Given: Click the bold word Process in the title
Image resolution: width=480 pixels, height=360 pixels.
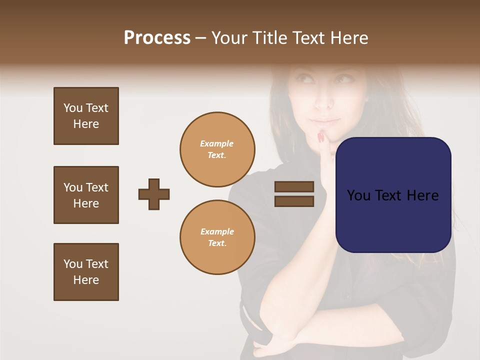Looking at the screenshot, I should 157,38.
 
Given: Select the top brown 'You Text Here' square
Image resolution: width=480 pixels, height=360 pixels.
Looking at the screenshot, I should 86,116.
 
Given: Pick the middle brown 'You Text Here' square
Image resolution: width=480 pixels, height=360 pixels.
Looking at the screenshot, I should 86,195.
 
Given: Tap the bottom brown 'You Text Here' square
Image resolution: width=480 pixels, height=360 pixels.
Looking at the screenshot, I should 86,272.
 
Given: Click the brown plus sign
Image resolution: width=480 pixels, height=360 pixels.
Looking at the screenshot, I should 154,194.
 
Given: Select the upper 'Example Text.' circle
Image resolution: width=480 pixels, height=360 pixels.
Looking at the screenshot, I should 217,149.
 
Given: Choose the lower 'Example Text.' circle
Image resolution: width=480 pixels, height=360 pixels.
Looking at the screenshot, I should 217,237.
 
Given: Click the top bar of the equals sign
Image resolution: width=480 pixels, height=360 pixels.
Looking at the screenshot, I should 294,187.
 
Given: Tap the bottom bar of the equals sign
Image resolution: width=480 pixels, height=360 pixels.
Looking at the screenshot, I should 294,201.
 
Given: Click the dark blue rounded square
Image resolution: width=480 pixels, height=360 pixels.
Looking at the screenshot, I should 393,194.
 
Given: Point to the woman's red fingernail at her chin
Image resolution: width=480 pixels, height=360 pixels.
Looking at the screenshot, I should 320,136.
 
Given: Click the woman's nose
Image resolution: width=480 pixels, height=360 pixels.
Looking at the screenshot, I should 325,103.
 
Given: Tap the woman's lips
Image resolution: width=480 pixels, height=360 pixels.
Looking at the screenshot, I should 324,121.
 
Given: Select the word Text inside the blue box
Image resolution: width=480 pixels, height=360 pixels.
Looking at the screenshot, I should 392,195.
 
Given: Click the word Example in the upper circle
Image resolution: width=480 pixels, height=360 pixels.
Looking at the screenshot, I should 216,143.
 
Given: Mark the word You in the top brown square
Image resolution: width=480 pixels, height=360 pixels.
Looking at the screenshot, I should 73,108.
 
